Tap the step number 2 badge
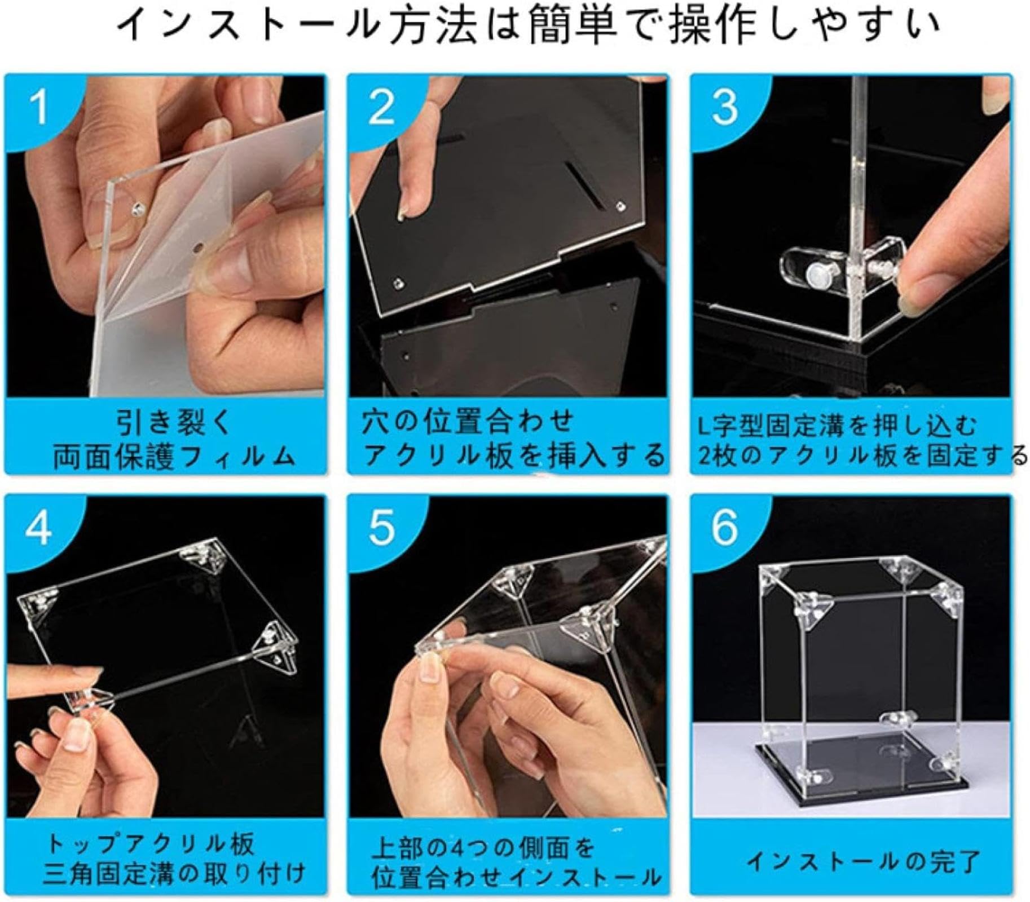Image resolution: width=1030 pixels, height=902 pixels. point(381,107)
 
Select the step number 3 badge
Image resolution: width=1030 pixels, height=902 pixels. point(725,107)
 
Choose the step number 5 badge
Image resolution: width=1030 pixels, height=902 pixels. point(382,528)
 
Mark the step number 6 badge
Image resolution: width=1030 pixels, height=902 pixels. point(725,528)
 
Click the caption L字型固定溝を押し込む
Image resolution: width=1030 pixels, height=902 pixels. point(837,426)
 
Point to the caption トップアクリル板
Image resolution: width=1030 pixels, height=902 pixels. point(150,844)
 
